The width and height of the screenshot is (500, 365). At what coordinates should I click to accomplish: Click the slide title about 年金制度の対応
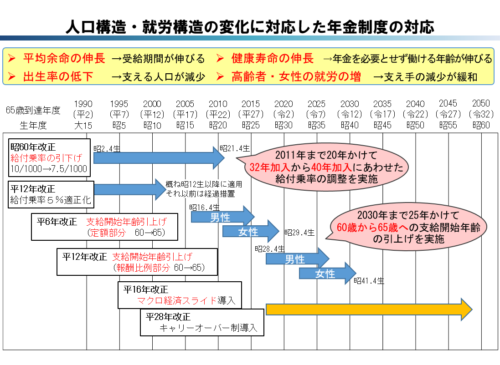coord(249,26)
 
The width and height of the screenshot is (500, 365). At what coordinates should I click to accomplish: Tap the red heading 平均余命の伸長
coord(64,59)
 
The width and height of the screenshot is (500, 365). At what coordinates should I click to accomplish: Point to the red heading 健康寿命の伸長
coord(272,59)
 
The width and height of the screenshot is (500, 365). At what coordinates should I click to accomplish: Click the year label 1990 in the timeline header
coord(82,104)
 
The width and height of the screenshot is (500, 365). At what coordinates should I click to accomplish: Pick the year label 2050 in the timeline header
coord(481,104)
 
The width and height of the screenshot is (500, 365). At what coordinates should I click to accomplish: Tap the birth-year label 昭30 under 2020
coord(284,125)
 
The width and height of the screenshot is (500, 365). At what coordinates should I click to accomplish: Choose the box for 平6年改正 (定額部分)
coord(104,227)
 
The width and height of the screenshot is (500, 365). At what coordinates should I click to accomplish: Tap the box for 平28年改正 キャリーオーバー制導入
coord(202,322)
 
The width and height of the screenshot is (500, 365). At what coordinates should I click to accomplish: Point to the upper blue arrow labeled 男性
coord(222,216)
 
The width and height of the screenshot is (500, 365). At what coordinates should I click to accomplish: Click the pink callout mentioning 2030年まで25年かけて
coord(409,226)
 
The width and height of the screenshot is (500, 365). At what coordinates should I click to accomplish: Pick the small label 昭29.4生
coord(299,233)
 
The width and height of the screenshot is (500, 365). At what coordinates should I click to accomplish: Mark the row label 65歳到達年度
coord(33,110)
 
